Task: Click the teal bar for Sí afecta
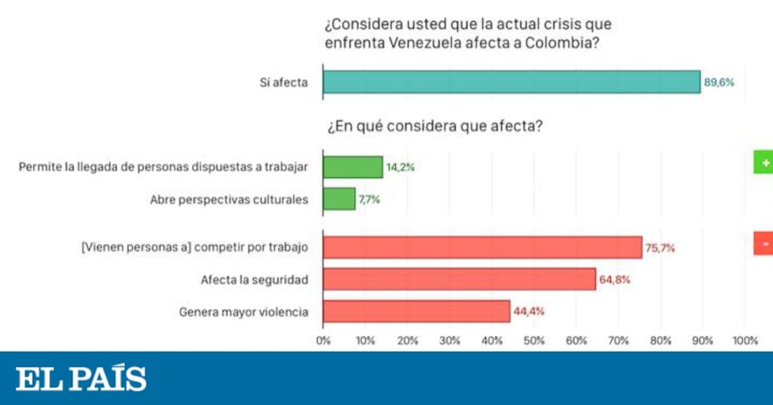(511, 82)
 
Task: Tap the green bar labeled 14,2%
(352, 167)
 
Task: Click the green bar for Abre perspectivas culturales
(339, 199)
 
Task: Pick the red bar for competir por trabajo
(482, 247)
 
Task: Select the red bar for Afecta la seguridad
(459, 279)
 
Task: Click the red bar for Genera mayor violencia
(416, 311)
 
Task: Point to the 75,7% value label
(660, 248)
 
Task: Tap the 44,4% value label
(529, 312)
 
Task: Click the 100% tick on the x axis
(745, 341)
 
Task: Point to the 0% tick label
(323, 341)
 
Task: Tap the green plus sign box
(764, 164)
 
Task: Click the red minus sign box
(764, 244)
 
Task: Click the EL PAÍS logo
(81, 379)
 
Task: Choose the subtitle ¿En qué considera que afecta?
(434, 126)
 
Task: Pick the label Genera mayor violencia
(243, 312)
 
